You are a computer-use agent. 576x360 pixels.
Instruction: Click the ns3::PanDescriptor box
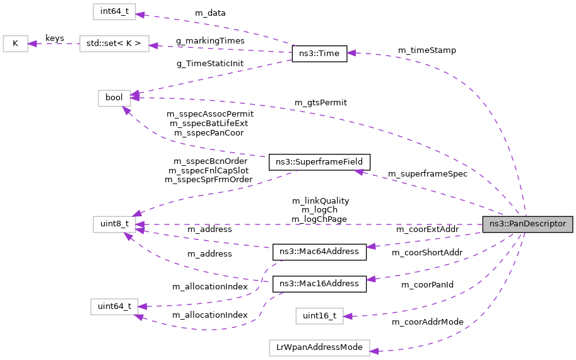click(527, 224)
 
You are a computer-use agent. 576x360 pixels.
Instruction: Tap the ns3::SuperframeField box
click(319, 162)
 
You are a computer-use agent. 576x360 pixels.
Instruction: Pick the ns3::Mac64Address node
click(319, 252)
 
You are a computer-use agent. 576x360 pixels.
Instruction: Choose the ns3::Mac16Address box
click(319, 284)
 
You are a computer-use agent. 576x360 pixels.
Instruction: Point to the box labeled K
click(15, 44)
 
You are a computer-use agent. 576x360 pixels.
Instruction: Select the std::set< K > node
click(114, 44)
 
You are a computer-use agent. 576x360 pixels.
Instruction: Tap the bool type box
click(114, 98)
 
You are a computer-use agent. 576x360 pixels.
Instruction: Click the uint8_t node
click(114, 224)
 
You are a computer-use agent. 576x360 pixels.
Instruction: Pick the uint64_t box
click(114, 306)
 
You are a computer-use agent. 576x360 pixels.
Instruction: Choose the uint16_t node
click(319, 316)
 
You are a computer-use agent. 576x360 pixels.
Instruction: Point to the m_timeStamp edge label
click(426, 50)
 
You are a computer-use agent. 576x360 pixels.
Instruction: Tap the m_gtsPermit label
click(320, 102)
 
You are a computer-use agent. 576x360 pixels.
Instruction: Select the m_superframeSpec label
click(427, 174)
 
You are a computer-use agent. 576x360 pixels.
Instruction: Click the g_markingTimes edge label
click(210, 40)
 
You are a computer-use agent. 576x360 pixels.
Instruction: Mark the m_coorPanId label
click(427, 285)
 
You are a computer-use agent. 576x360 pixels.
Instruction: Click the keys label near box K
click(55, 38)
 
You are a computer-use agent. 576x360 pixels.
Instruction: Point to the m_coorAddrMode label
click(427, 322)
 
